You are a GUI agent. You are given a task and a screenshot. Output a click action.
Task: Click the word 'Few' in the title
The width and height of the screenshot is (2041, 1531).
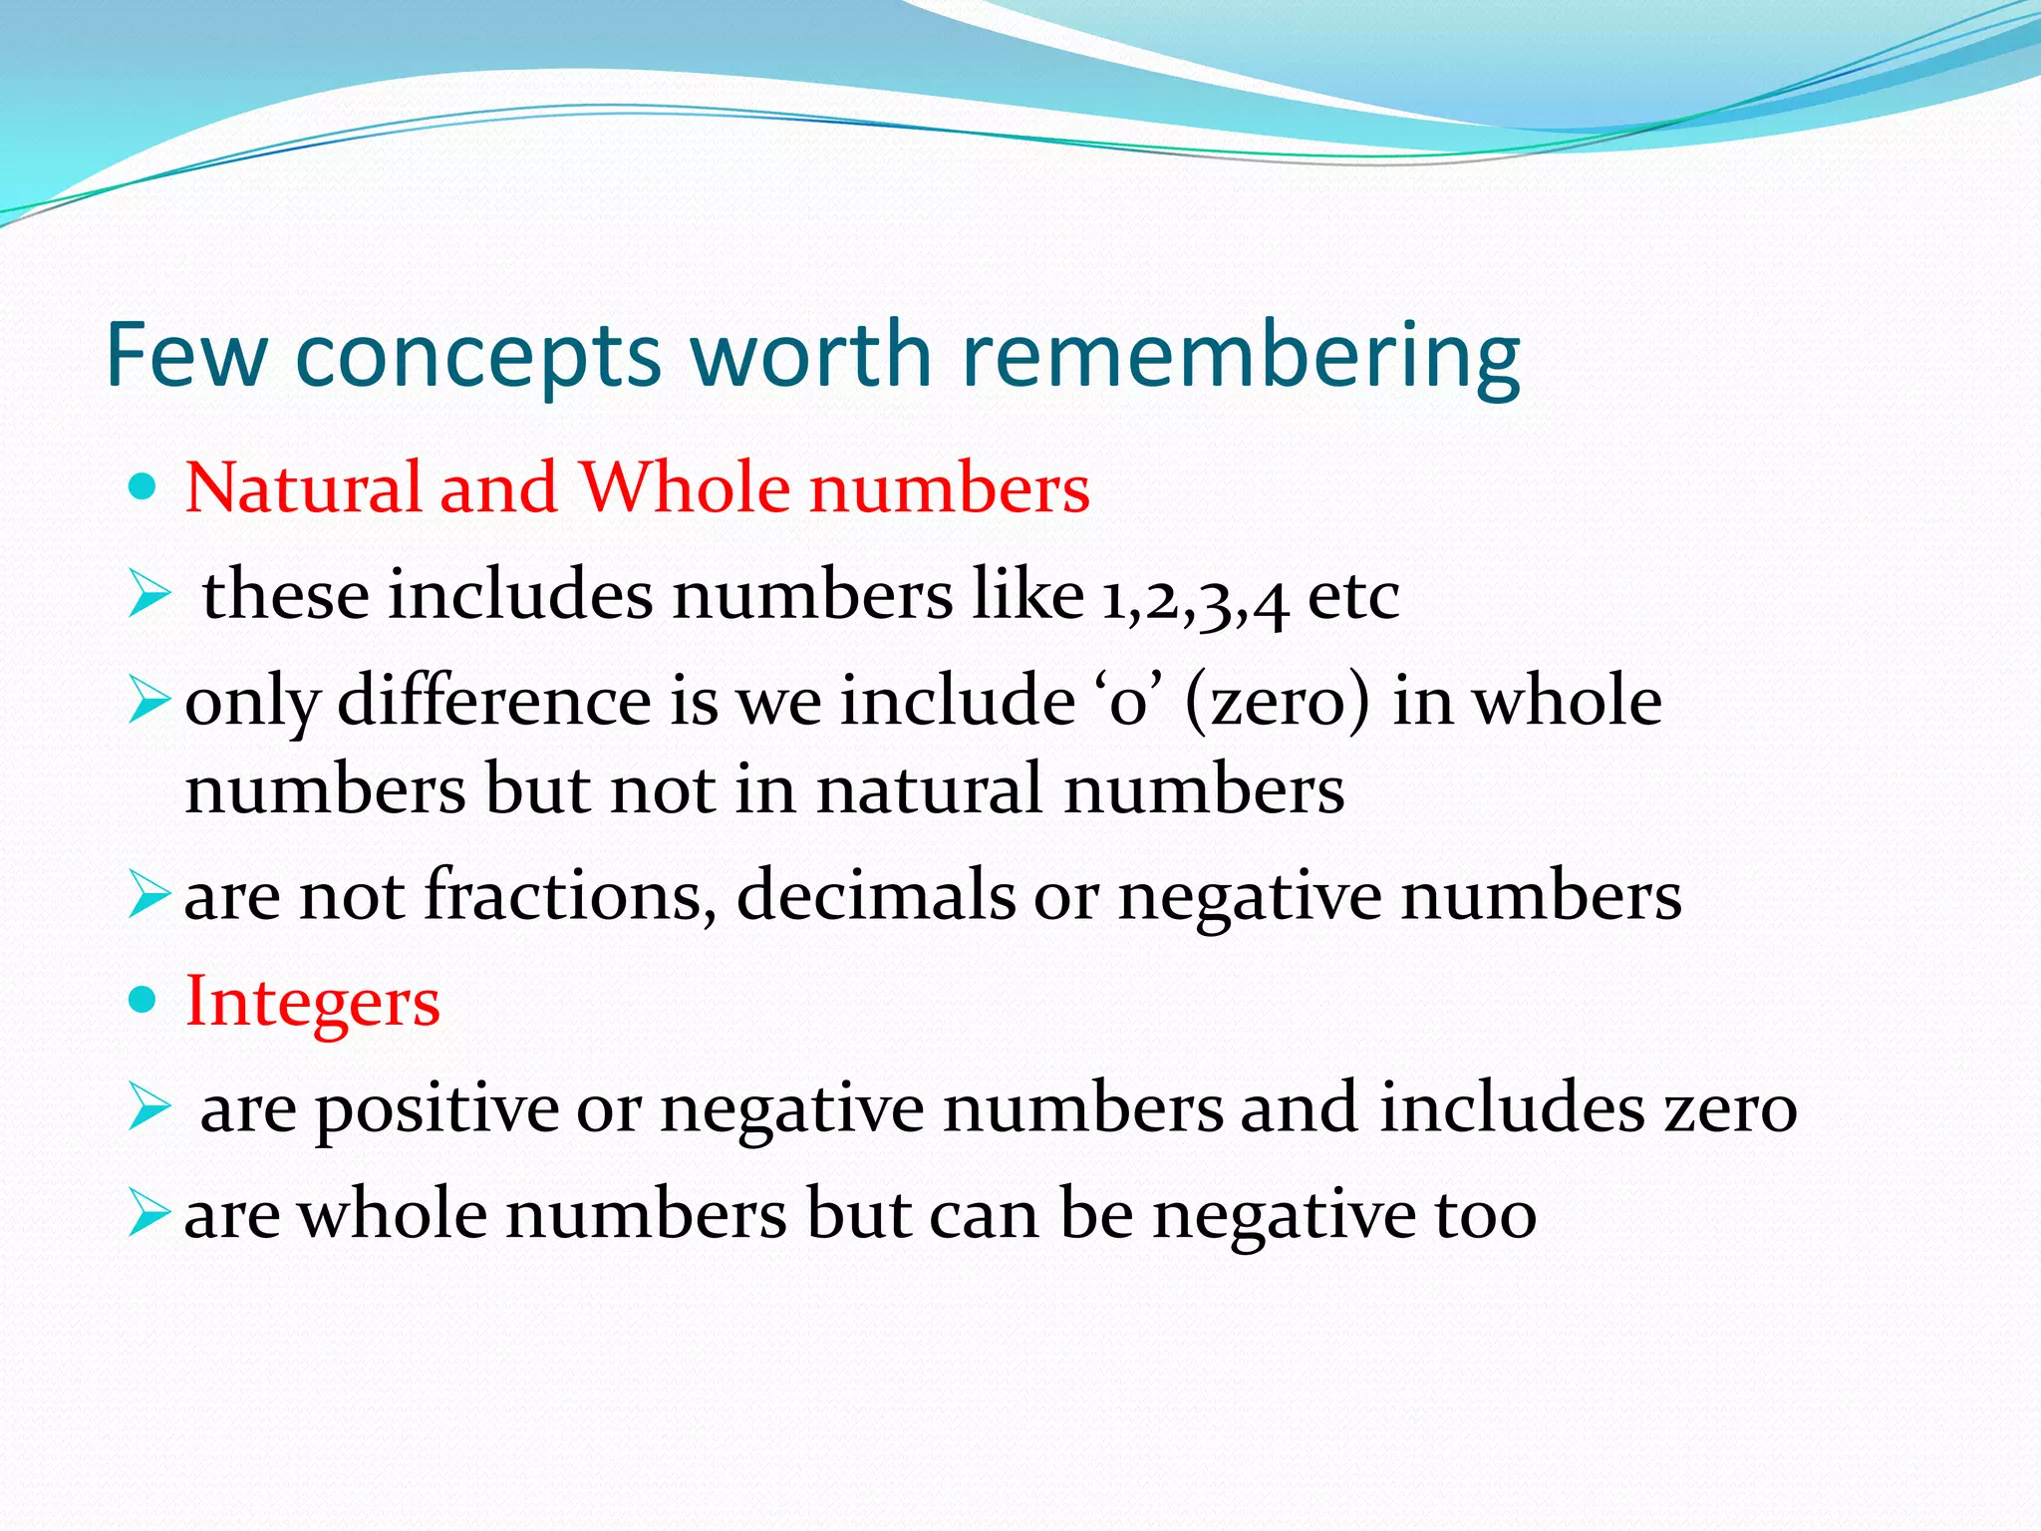(186, 355)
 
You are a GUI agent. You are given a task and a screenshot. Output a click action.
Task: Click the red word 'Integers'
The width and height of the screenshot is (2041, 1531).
(312, 1003)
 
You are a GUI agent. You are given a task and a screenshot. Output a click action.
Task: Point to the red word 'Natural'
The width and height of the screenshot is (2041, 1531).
(303, 488)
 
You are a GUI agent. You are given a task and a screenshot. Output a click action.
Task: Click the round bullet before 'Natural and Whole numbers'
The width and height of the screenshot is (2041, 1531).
(144, 487)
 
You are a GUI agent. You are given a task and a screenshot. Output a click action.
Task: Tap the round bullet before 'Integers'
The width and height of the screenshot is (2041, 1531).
(144, 1000)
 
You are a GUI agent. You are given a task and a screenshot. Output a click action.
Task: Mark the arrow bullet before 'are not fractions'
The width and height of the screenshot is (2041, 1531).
(149, 894)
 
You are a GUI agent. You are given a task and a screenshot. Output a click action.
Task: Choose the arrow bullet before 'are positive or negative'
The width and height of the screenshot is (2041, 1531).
(149, 1108)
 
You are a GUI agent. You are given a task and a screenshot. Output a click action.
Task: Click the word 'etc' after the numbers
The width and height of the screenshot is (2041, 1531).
(1352, 597)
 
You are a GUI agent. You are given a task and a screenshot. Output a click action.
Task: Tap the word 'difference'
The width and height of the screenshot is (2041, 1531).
(494, 701)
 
